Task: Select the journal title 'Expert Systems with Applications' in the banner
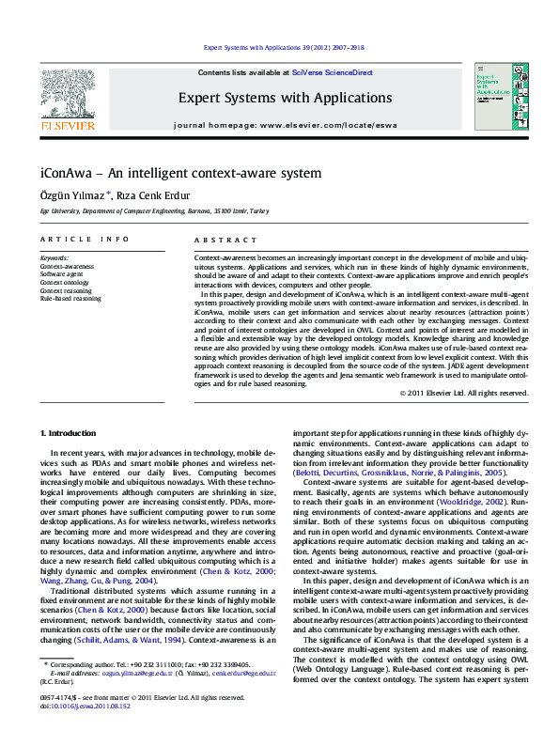point(285,98)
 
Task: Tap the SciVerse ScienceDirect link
point(332,72)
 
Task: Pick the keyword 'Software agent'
point(61,273)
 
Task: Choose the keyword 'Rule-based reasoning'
point(70,299)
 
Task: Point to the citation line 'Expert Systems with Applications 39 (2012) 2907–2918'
point(285,47)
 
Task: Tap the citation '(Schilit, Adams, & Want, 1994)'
point(122,640)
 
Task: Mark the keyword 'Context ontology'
point(64,282)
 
